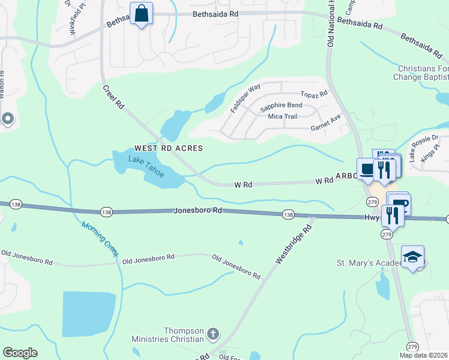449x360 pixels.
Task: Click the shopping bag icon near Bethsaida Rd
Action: click(141, 14)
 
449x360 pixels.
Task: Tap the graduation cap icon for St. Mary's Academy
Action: click(412, 257)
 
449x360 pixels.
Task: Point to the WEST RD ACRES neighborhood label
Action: click(169, 148)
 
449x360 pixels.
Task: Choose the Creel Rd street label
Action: click(113, 97)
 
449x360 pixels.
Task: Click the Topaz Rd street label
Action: click(314, 94)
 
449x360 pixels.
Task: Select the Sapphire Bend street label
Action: click(281, 106)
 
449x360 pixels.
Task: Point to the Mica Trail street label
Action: click(283, 116)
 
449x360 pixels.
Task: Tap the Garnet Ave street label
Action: click(325, 127)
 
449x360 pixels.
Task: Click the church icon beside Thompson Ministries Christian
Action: click(212, 334)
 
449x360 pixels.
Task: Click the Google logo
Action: click(20, 353)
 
